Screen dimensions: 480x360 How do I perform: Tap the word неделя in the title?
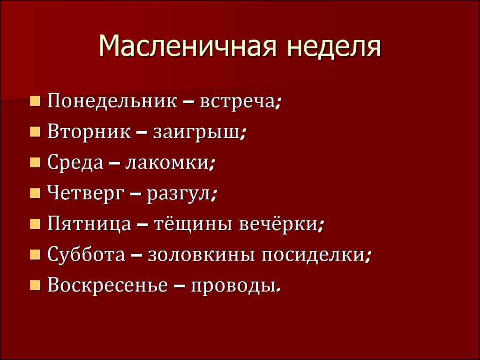tap(334, 46)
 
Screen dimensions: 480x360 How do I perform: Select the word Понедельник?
tap(112, 101)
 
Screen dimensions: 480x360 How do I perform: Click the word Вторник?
tap(89, 132)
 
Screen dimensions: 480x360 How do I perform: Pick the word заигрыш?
tap(196, 133)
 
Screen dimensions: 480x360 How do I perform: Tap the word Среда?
tap(75, 163)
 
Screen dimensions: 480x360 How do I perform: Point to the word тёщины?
tap(192, 225)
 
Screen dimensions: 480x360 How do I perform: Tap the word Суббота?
tap(86, 255)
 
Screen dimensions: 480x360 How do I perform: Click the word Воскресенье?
tap(108, 285)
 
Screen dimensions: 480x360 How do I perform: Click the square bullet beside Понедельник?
tap(35, 101)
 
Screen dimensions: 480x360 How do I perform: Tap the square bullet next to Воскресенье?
tap(35, 285)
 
